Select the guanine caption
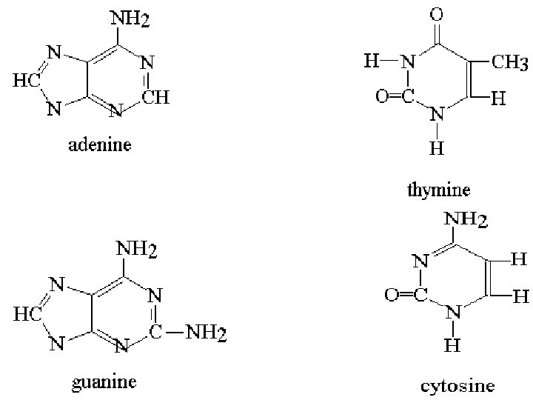[104, 383]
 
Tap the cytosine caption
[456, 385]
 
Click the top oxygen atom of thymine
[438, 14]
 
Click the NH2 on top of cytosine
[466, 220]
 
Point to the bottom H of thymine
[437, 149]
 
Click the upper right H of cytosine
[519, 260]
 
